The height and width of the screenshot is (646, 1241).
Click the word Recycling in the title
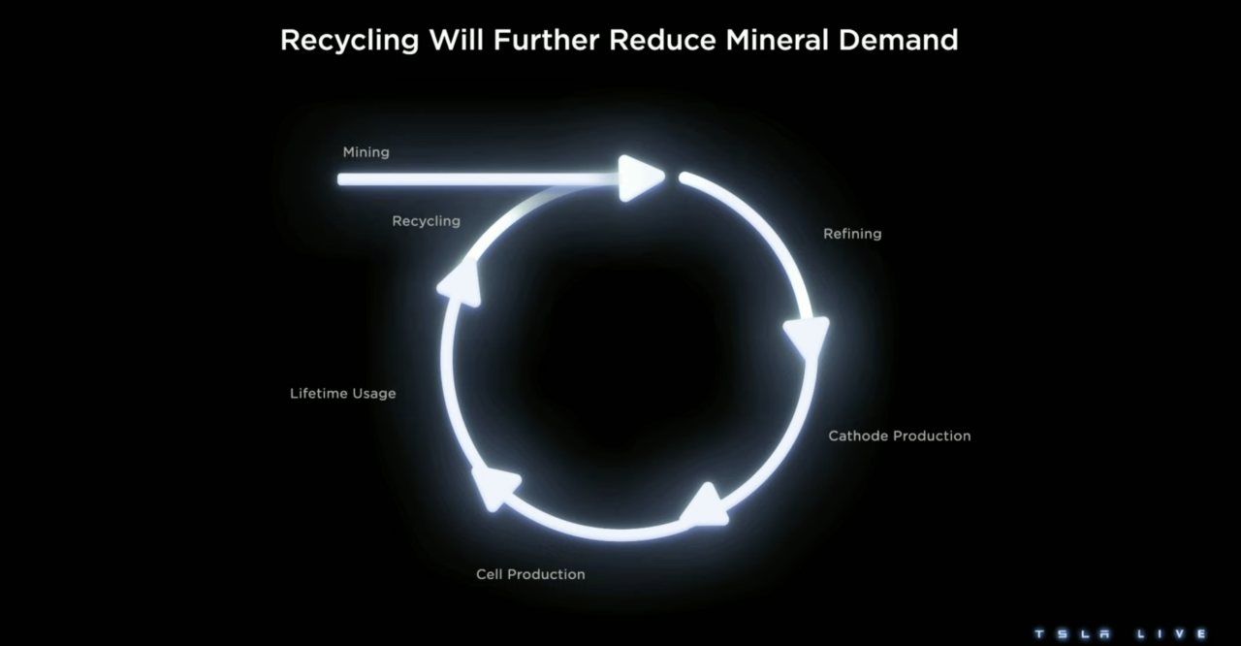click(350, 41)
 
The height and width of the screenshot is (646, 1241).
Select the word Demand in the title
click(898, 40)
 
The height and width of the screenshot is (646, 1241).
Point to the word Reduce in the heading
click(662, 40)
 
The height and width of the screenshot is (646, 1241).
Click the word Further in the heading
click(546, 40)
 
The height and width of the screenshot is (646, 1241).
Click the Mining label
click(366, 152)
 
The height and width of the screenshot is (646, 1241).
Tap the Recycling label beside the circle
click(426, 221)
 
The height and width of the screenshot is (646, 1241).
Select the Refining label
click(852, 234)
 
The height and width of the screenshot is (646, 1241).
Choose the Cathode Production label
click(900, 436)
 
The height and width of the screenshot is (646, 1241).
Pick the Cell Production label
click(530, 574)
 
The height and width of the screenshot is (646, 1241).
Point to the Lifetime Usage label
click(343, 394)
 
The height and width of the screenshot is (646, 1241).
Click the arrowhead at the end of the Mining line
click(642, 178)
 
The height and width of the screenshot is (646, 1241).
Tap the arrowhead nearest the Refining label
click(807, 338)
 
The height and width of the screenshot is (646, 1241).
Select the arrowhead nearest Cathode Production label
click(705, 505)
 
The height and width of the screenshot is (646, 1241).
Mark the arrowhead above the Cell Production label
click(493, 488)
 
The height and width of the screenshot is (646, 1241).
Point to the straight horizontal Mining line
click(479, 178)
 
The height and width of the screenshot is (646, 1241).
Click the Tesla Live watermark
click(1120, 633)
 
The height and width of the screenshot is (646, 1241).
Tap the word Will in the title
click(457, 40)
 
